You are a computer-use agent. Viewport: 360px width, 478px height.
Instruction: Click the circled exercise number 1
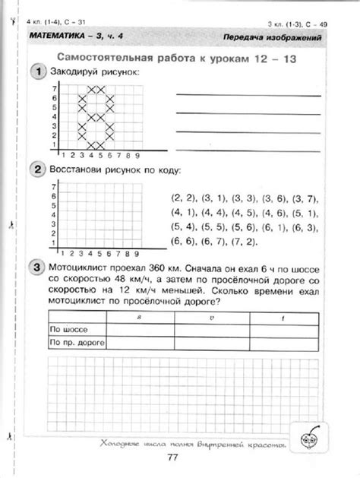(x=37, y=71)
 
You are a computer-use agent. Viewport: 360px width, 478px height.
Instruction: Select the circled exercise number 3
(x=37, y=267)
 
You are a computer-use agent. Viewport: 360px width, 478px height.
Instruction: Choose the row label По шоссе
(x=65, y=330)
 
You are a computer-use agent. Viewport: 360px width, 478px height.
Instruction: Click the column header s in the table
(x=140, y=317)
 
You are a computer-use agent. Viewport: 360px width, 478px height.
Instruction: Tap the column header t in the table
(x=283, y=317)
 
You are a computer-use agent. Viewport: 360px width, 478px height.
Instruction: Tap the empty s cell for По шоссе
(x=140, y=330)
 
